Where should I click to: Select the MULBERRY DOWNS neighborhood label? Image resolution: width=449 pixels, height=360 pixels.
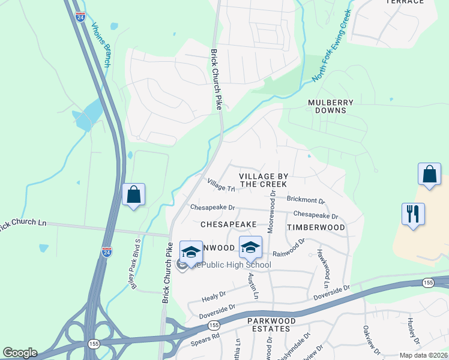(327, 106)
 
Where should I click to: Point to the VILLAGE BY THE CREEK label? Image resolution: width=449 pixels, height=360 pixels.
(263, 180)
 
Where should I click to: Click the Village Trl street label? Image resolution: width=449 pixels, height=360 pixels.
(220, 185)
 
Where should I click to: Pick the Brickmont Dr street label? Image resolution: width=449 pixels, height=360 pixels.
(306, 199)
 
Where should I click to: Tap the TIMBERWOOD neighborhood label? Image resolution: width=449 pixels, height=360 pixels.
(316, 228)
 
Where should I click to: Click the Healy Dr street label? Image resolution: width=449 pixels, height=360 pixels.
(213, 295)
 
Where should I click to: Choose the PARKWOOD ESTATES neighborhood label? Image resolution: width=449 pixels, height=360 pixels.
(272, 325)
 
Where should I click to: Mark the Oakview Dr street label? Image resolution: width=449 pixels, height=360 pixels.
(367, 338)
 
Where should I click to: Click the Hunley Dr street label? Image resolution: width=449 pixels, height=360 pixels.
(414, 330)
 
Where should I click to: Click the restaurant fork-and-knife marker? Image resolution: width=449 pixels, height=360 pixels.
(413, 214)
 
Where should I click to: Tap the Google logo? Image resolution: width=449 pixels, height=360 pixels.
(20, 353)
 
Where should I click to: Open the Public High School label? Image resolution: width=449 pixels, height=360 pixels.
(237, 264)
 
